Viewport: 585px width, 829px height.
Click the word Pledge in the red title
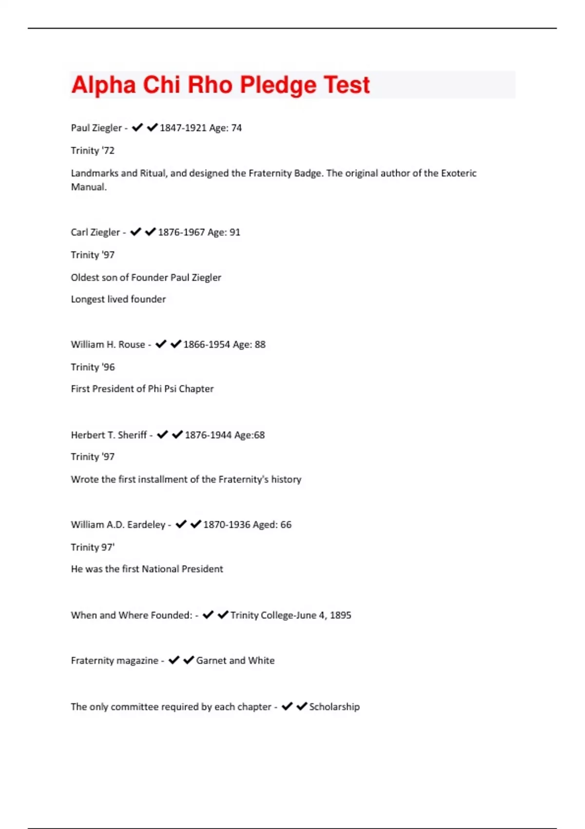point(278,85)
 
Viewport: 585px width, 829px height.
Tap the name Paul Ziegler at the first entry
point(96,128)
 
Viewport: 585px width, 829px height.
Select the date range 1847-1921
point(183,128)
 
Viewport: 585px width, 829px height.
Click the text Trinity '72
point(93,151)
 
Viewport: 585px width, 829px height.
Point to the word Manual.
point(88,187)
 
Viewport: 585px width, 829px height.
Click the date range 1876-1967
point(181,232)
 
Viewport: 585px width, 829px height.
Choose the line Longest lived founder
point(118,299)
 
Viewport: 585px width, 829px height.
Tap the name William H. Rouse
point(108,345)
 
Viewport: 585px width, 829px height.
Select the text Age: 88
point(249,345)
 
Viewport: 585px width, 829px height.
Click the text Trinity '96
point(93,367)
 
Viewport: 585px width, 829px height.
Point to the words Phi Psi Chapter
point(181,389)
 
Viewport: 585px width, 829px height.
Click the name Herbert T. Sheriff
point(109,435)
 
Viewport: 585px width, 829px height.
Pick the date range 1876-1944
point(208,435)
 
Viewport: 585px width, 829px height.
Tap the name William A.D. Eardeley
point(118,525)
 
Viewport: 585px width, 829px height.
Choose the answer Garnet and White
point(235,661)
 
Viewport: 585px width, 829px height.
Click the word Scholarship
point(334,707)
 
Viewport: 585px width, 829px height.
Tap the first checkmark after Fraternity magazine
point(174,660)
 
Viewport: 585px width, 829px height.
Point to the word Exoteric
point(459,173)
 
